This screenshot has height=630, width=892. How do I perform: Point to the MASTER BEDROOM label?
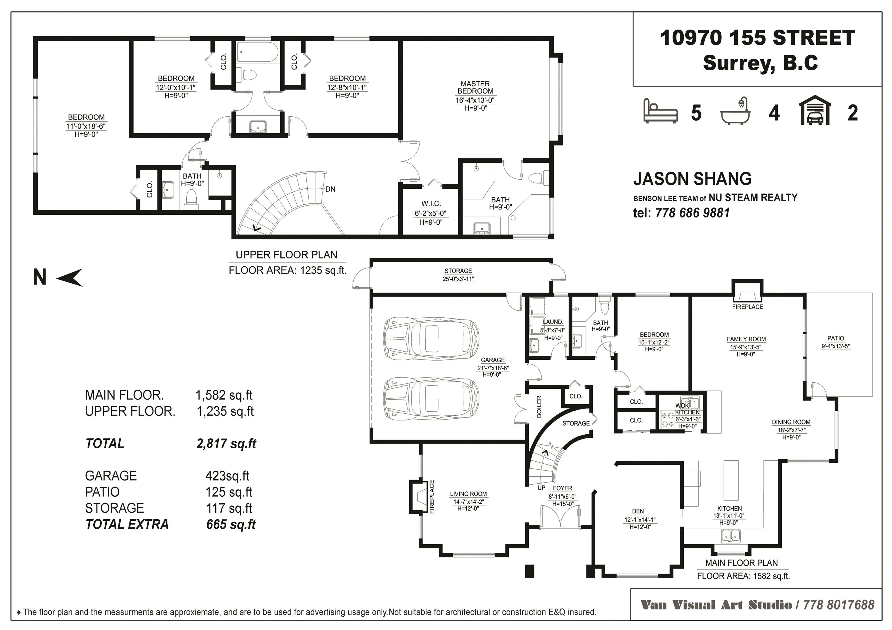(475, 87)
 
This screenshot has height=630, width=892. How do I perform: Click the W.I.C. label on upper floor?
(431, 204)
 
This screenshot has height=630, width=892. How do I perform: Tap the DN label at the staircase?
(330, 189)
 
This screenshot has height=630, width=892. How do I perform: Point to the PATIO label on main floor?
(835, 338)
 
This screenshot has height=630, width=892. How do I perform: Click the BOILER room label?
(539, 407)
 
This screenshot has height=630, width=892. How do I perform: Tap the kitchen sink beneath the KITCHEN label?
(730, 536)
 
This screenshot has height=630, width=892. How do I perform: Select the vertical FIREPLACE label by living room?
(432, 497)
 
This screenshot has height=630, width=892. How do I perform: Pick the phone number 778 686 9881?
(692, 213)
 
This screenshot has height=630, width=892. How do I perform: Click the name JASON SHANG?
(692, 179)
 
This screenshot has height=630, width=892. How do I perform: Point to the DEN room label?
(638, 511)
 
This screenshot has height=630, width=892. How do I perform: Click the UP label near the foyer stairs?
(541, 488)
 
